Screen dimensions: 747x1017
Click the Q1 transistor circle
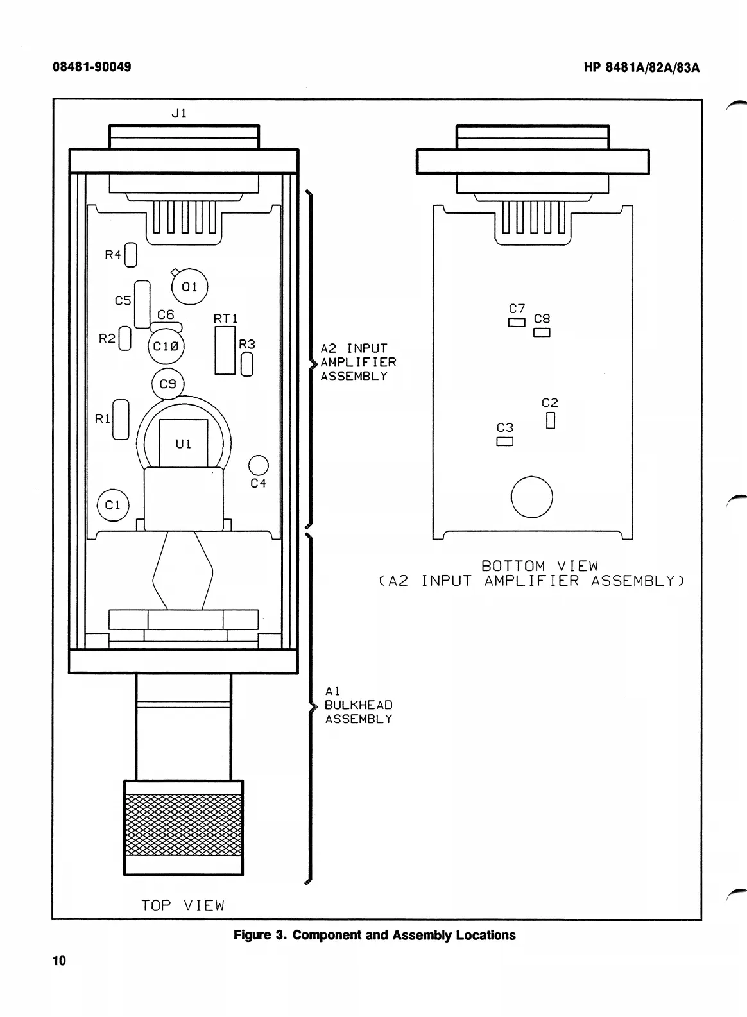click(189, 287)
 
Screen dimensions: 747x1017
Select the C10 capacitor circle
click(166, 346)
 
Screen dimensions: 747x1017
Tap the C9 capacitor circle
click(167, 384)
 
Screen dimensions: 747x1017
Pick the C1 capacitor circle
click(113, 505)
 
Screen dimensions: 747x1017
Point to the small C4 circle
click(258, 466)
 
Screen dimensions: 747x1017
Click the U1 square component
click(184, 443)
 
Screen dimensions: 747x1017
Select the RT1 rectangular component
click(225, 350)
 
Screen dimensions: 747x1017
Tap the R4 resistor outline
click(131, 255)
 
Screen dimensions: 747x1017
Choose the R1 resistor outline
click(121, 420)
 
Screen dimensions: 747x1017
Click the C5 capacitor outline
click(142, 303)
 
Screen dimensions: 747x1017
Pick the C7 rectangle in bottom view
click(517, 322)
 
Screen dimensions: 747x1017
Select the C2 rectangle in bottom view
click(550, 420)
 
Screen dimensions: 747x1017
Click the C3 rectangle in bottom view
click(505, 441)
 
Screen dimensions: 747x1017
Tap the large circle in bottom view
click(531, 497)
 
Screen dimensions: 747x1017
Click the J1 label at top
click(179, 114)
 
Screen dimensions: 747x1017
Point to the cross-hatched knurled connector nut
click(184, 825)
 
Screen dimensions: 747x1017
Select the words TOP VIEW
click(183, 905)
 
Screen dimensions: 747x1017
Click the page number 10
click(59, 961)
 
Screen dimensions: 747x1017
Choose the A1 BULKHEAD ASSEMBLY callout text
click(358, 705)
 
